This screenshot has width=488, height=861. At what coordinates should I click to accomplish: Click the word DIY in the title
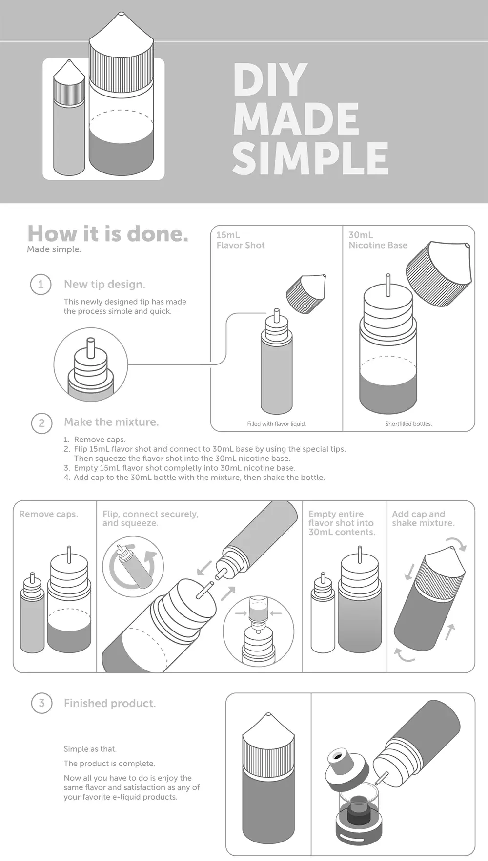[270, 81]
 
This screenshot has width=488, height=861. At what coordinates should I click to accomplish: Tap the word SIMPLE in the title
[310, 159]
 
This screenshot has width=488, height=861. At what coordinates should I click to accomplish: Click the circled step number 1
[41, 284]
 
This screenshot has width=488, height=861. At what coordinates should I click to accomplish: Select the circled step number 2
[41, 422]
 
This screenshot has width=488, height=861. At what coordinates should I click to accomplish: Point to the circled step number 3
[41, 703]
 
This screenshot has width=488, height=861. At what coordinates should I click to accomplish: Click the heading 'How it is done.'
[107, 234]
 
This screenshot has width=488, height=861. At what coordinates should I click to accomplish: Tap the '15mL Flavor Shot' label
[240, 240]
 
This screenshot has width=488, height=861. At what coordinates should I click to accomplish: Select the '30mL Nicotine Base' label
[378, 240]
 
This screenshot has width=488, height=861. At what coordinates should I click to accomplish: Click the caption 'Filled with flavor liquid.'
[276, 424]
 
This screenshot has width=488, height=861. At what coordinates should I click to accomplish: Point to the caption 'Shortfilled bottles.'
[408, 424]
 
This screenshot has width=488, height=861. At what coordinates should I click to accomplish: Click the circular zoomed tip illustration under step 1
[91, 364]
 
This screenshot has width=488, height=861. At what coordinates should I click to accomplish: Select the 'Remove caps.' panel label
[48, 514]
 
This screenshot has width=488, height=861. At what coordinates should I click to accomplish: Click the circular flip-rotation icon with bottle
[133, 567]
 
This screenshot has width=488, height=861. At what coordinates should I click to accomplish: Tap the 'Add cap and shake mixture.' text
[423, 518]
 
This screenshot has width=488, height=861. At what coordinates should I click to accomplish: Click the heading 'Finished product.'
[110, 703]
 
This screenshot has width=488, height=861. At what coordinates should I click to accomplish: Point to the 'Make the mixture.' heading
[111, 422]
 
